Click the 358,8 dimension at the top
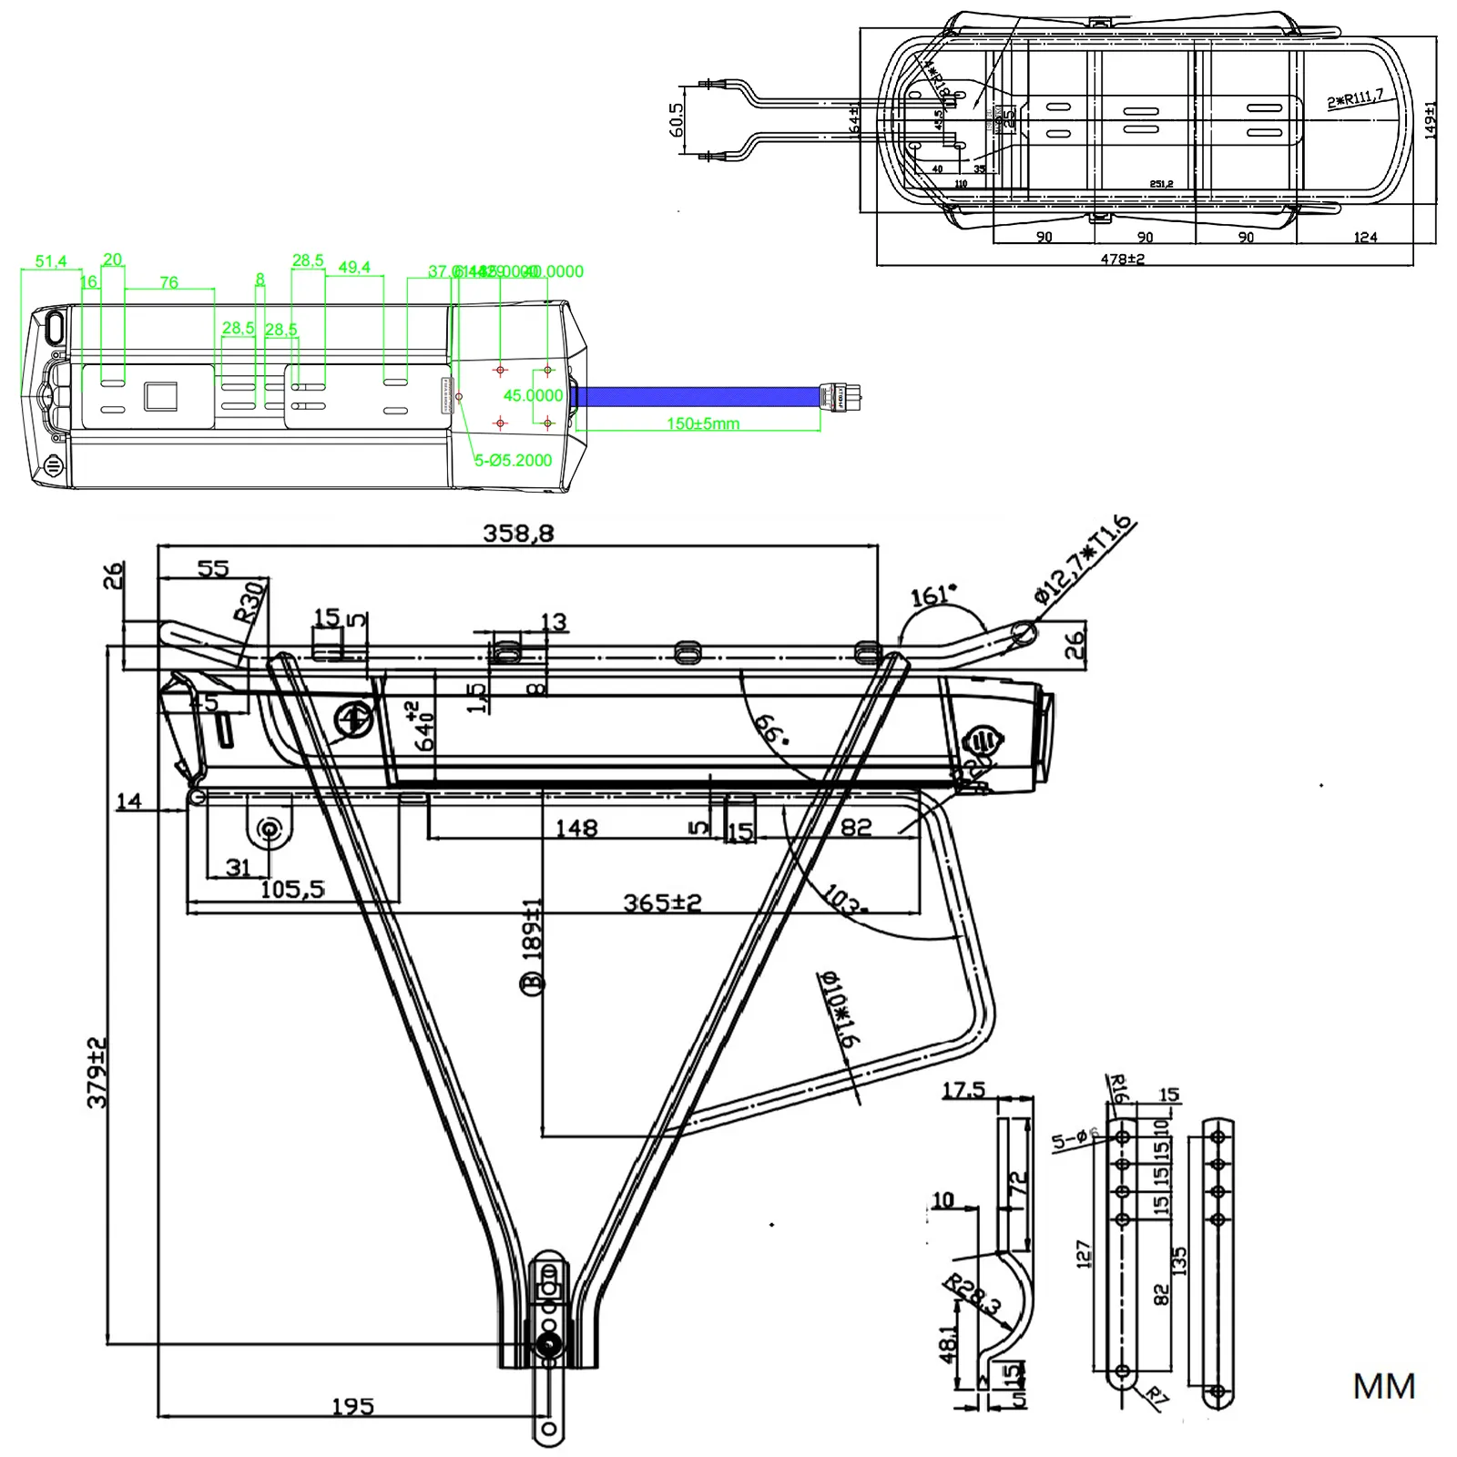point(518,533)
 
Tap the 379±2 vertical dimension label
point(97,1072)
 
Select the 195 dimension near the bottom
point(352,1407)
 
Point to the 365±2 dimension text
point(662,902)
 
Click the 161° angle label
point(933,595)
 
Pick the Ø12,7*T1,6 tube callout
point(1085,559)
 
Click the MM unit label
point(1383,1387)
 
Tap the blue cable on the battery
point(697,396)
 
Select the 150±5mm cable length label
point(703,423)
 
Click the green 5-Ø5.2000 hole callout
point(513,460)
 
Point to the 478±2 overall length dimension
point(1122,259)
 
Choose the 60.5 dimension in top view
point(676,120)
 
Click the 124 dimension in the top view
point(1365,237)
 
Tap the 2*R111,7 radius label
point(1355,97)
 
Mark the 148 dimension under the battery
point(576,829)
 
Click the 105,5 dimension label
point(292,889)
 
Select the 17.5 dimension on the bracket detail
point(963,1089)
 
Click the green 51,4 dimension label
point(51,261)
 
